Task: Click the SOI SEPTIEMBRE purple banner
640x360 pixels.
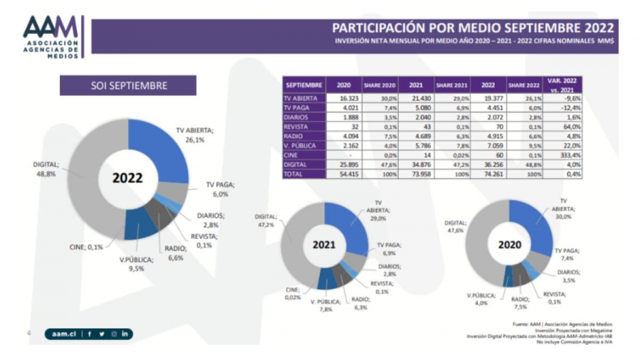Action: (x=128, y=85)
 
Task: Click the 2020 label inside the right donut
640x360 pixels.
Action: (x=510, y=243)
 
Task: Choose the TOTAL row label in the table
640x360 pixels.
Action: (x=294, y=173)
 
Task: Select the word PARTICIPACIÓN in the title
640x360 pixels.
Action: (x=383, y=28)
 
